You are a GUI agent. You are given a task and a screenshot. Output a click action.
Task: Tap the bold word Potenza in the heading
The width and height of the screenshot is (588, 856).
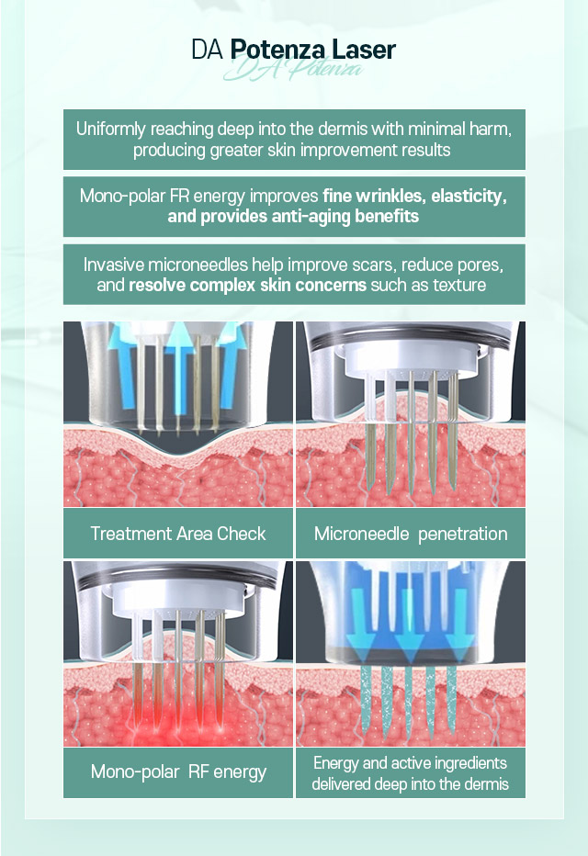pyautogui.click(x=277, y=51)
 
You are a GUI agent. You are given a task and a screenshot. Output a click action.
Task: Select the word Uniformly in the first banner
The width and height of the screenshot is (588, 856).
pyautogui.click(x=111, y=130)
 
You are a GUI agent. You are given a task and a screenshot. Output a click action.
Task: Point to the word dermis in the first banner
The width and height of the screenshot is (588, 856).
pyautogui.click(x=343, y=129)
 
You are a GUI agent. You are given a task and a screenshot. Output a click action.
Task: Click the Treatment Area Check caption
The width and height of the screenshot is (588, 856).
pyautogui.click(x=178, y=534)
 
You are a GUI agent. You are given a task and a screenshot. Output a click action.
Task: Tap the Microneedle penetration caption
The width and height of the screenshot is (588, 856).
pyautogui.click(x=411, y=534)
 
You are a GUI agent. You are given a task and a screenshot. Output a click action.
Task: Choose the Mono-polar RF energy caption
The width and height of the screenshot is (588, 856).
pyautogui.click(x=178, y=772)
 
